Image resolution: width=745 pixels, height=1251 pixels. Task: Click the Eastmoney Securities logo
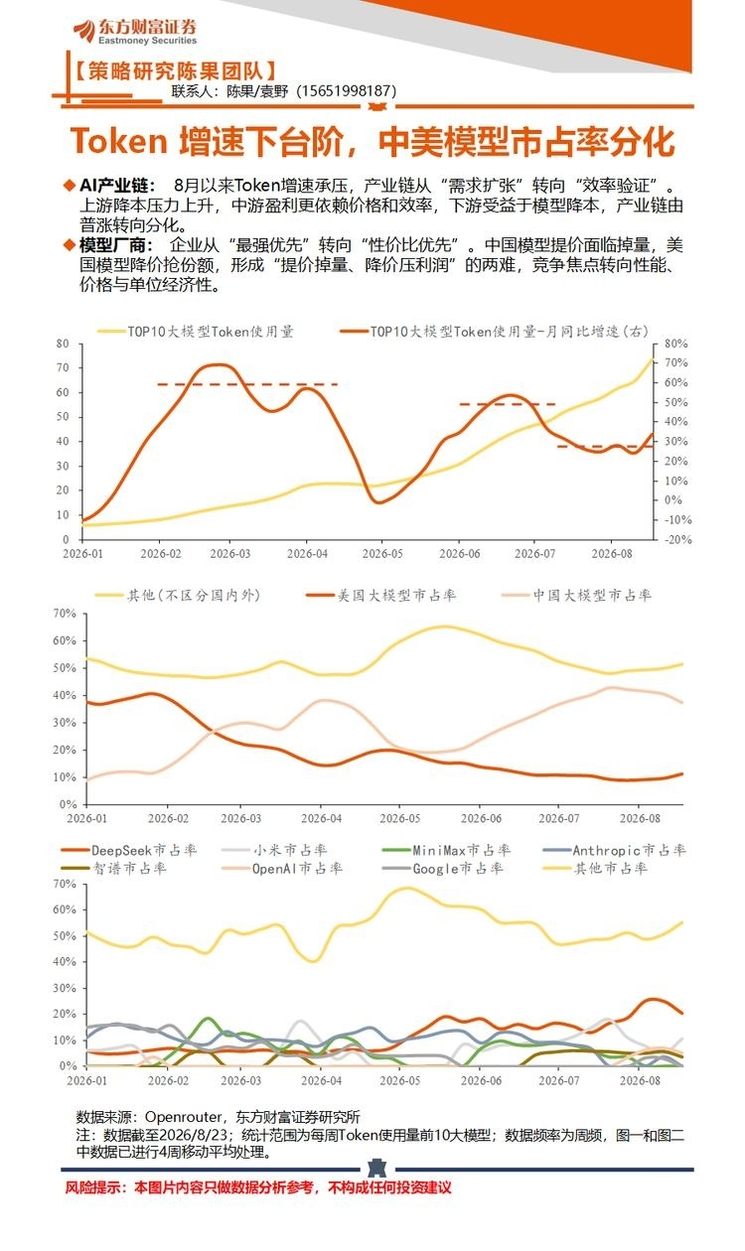135,32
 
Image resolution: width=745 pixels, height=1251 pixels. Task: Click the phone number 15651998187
346,90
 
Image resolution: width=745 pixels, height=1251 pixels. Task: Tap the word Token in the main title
119,140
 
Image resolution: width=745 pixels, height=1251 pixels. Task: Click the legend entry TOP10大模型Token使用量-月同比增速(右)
494,332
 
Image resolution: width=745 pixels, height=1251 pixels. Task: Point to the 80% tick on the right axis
675,344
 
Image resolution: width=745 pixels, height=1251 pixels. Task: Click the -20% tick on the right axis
675,539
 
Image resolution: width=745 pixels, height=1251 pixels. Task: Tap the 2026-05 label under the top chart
382,553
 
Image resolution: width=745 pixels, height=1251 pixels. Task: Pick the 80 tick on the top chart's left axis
63,344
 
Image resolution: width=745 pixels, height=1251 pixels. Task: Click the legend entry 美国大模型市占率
381,596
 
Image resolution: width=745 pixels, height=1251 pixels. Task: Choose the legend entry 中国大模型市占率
577,596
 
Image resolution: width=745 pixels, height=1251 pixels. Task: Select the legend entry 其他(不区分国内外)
178,596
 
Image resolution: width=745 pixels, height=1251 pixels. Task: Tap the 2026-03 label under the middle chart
240,818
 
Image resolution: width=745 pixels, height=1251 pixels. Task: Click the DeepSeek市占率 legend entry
129,850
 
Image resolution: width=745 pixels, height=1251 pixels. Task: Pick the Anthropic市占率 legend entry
614,850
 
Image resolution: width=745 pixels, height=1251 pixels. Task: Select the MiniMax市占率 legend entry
447,850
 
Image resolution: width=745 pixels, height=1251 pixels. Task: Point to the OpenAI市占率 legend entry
282,869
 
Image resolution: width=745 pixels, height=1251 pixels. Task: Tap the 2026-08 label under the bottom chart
640,1080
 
